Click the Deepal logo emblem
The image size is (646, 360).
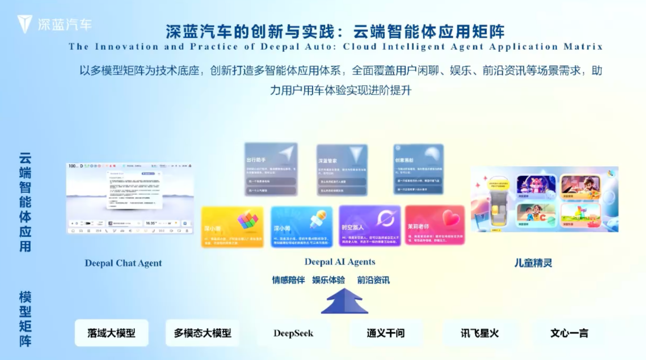click(x=24, y=24)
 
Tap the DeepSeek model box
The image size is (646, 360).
click(x=293, y=333)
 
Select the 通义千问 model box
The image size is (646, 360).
click(x=385, y=333)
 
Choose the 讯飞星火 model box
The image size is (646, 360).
click(x=479, y=333)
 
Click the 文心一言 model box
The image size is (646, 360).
click(x=569, y=333)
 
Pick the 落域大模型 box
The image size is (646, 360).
click(x=112, y=333)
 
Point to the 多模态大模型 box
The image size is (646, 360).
click(x=202, y=333)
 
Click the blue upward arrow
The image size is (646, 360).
click(x=344, y=301)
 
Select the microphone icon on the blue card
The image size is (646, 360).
click(x=318, y=219)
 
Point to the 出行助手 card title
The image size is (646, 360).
click(x=256, y=160)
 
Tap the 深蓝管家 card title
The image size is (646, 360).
click(x=327, y=161)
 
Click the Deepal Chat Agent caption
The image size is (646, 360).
click(x=123, y=263)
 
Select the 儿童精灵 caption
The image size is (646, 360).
click(x=533, y=263)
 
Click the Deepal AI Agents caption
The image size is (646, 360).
click(x=340, y=262)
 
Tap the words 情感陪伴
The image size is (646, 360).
click(x=288, y=280)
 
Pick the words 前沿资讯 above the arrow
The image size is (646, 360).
click(x=373, y=280)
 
